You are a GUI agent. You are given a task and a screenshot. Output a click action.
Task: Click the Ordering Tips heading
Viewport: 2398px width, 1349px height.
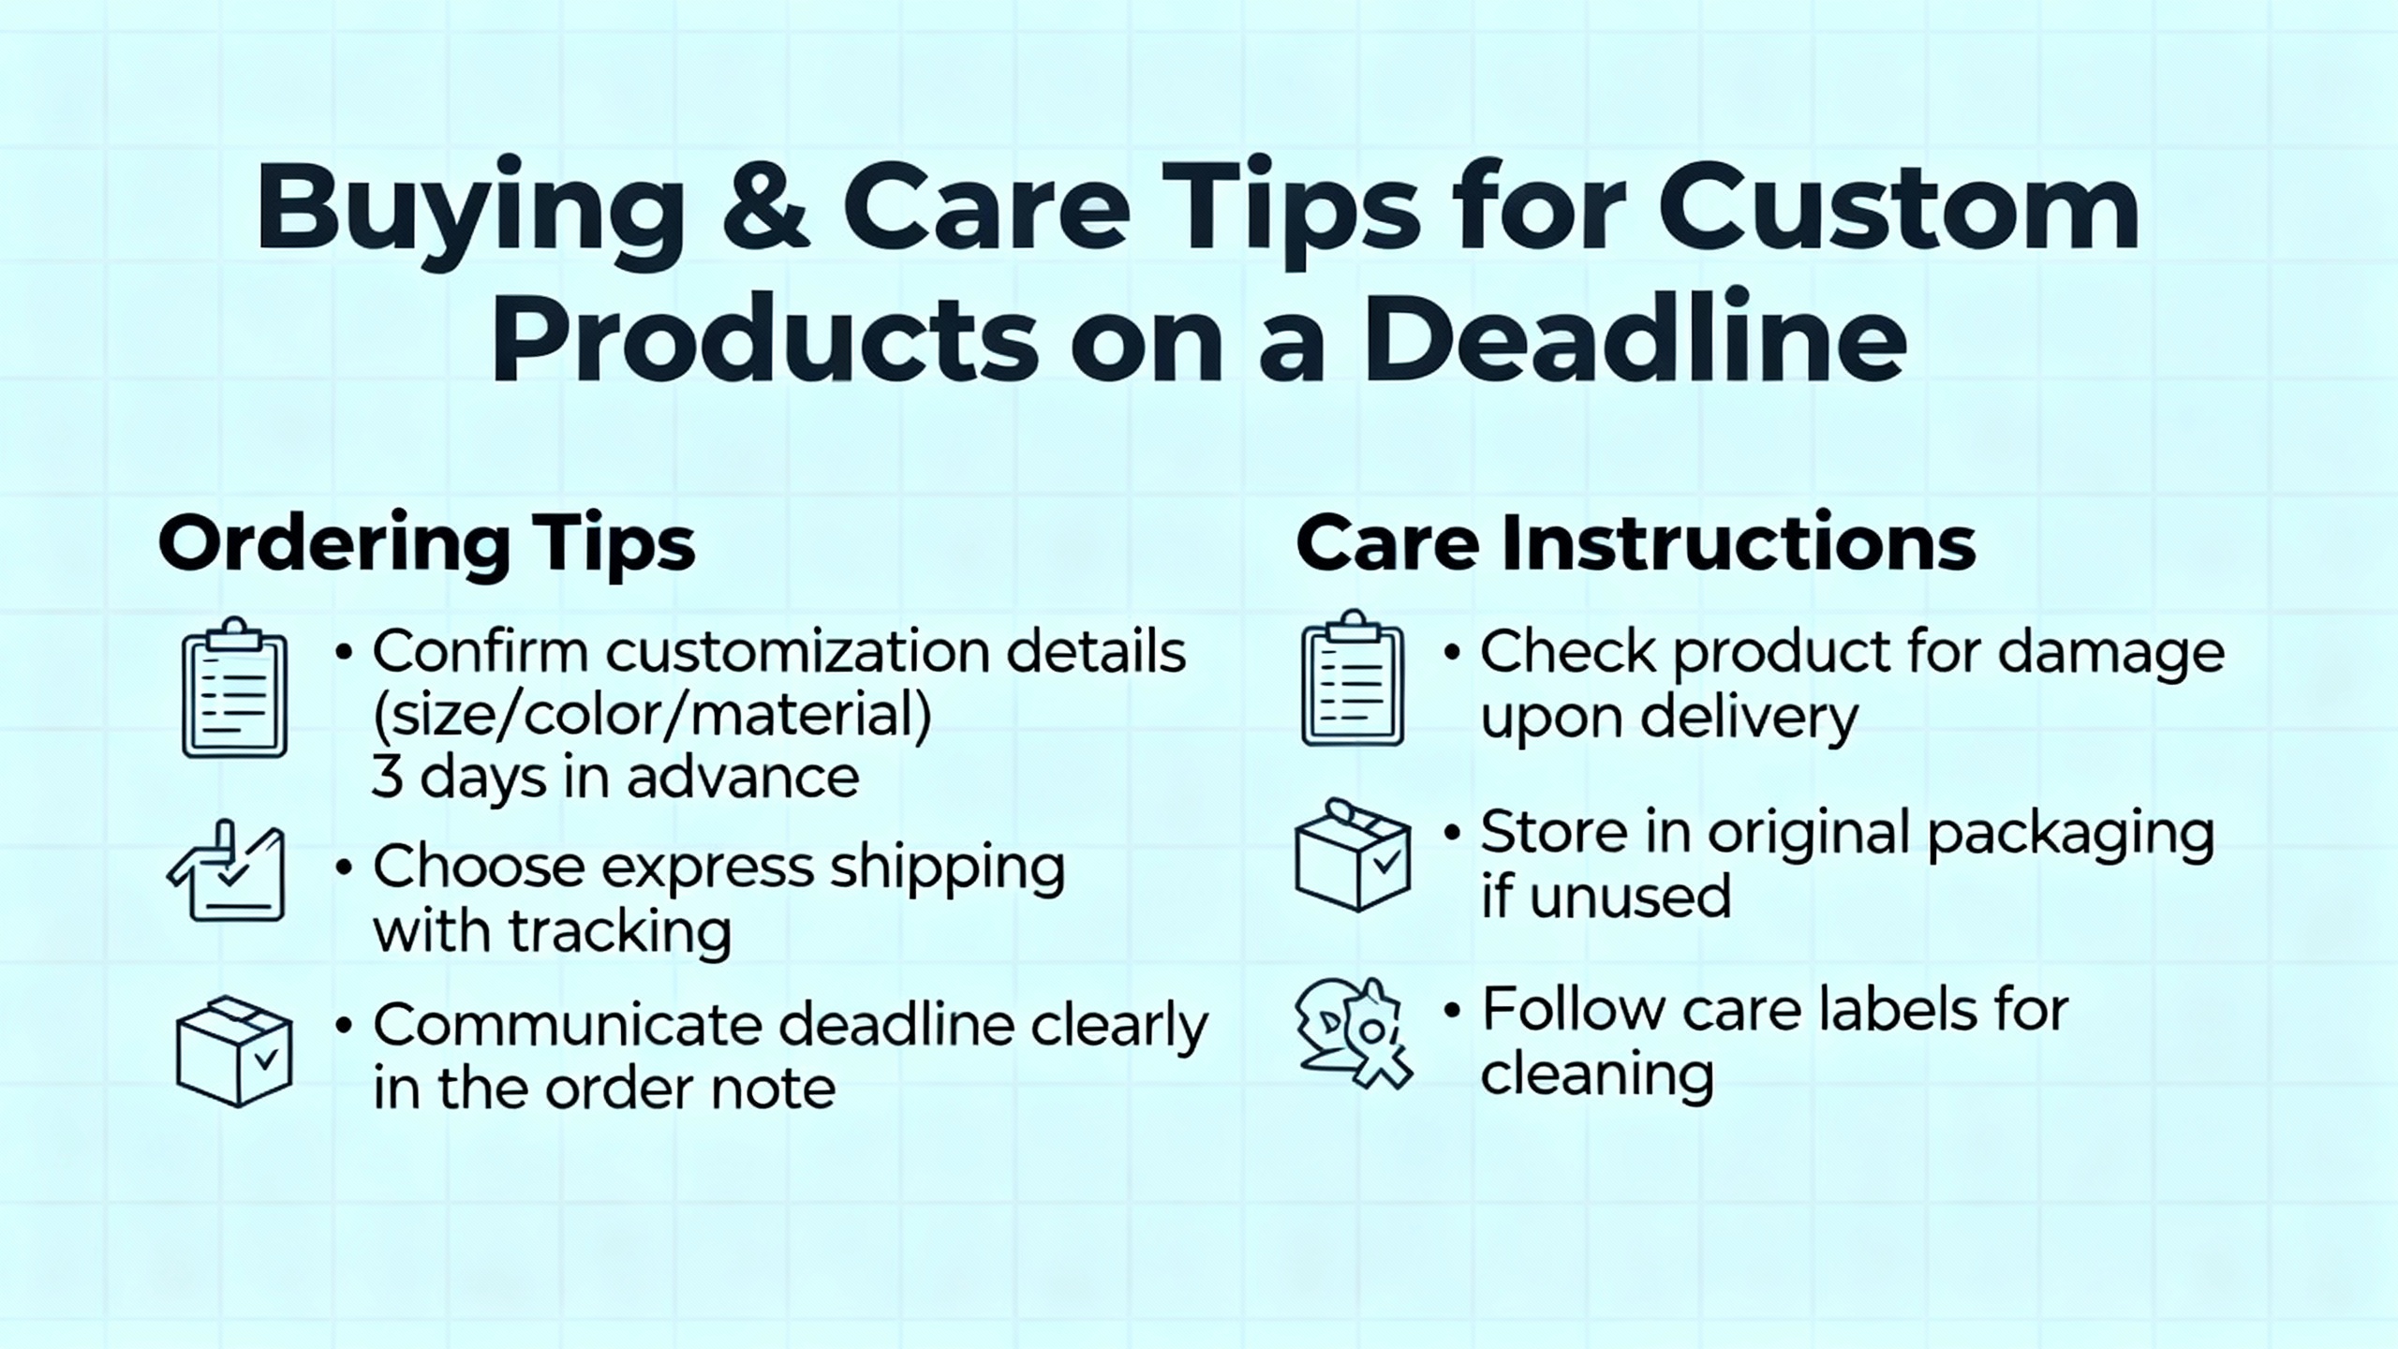coord(427,543)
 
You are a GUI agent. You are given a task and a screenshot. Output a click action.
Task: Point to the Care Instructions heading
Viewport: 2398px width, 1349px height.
coord(1636,543)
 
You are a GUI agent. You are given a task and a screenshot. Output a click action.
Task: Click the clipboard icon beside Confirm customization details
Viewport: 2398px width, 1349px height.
coord(234,689)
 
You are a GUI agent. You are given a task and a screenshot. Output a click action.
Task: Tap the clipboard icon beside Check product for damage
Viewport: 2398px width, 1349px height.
coord(1353,679)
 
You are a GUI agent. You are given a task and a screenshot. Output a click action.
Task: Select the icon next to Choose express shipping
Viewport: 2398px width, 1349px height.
coord(227,873)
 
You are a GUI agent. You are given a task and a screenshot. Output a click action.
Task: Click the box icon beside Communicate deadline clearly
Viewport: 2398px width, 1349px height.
coord(234,1051)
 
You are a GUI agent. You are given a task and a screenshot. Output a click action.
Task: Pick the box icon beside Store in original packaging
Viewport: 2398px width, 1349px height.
coord(1353,854)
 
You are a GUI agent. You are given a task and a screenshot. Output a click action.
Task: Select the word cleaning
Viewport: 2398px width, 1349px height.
coord(1597,1075)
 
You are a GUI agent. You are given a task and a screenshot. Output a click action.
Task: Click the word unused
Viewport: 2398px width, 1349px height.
coord(1630,897)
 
